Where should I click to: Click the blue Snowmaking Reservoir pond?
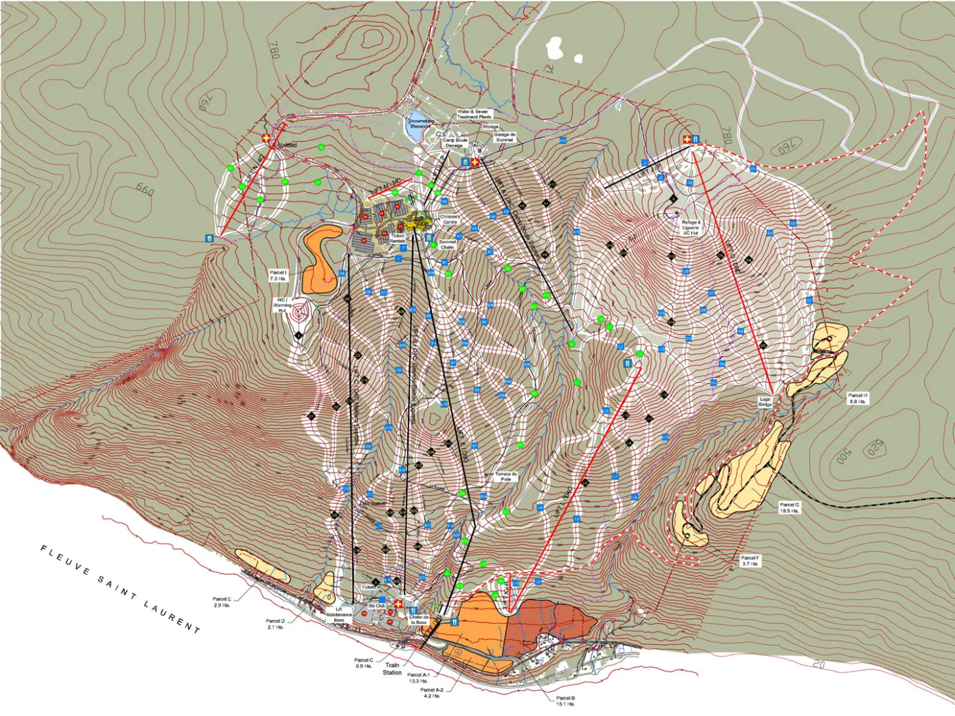point(417,128)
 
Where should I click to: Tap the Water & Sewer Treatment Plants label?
point(473,114)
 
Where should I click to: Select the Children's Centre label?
point(450,219)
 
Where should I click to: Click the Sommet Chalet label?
point(447,244)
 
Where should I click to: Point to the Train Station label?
point(392,668)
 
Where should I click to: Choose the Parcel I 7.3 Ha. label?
point(278,275)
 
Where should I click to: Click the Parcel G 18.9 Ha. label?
point(789,507)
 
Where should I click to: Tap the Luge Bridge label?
point(765,402)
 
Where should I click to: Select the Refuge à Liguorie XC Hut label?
point(690,227)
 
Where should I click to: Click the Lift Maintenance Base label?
point(339,614)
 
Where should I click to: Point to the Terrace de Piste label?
point(506,476)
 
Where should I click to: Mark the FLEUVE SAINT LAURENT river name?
point(120,588)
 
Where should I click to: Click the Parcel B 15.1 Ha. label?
point(565,700)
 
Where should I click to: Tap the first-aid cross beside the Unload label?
point(266,138)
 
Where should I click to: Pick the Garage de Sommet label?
point(504,137)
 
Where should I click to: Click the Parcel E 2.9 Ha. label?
point(222,601)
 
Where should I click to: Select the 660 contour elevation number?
point(145,189)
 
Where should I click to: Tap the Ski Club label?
point(377,606)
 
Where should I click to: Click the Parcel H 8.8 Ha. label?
point(857,398)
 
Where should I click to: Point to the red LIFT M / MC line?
point(391,188)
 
